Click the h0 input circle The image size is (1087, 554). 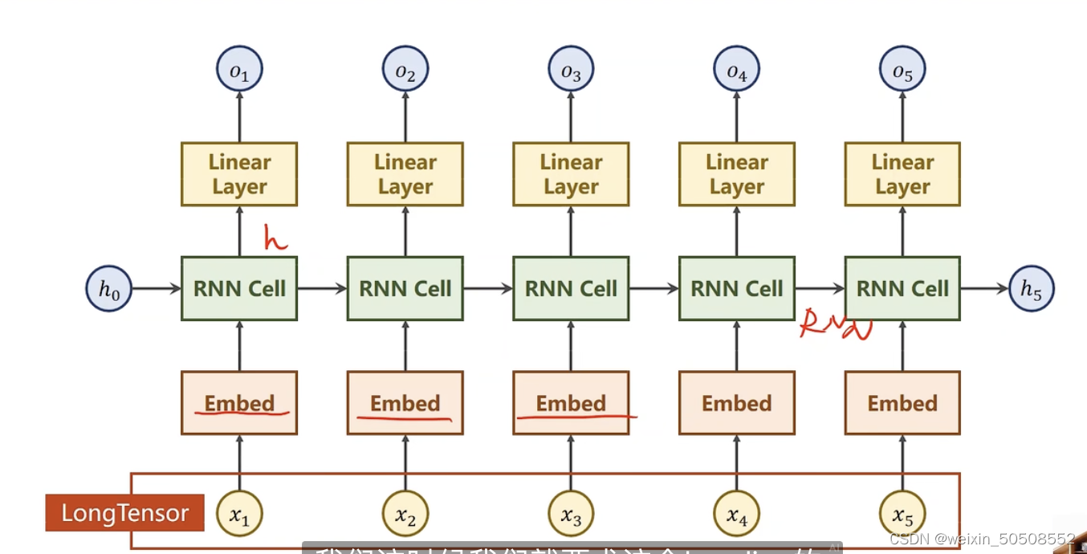108,289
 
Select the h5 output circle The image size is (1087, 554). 1031,289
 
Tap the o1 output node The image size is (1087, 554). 239,69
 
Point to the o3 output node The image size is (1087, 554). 571,69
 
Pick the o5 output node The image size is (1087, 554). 902,69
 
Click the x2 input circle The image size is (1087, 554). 405,514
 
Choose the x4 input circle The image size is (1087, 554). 737,514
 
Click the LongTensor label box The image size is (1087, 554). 124,513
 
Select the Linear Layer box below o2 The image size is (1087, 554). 405,174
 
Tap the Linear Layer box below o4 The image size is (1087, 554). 737,174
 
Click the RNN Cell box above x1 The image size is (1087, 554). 239,289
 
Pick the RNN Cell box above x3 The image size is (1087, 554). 571,289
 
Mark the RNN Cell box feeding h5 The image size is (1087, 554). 902,289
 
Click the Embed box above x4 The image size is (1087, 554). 737,403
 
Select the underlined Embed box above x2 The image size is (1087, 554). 405,403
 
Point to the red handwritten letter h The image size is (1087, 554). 275,238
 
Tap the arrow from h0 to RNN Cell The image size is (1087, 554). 157,289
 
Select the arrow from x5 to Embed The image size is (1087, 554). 902,462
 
